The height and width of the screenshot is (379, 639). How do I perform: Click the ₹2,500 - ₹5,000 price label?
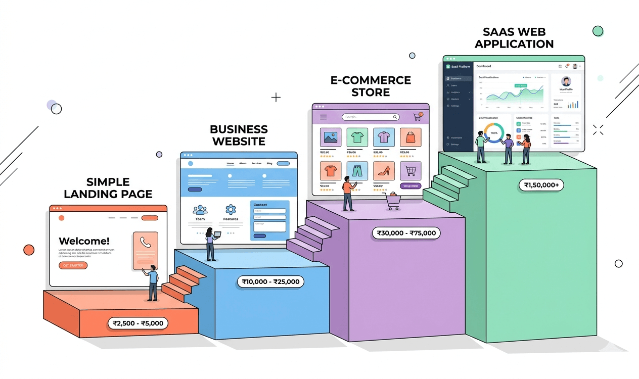(138, 323)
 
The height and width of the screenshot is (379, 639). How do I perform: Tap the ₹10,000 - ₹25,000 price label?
(270, 281)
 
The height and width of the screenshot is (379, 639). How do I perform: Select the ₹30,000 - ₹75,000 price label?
(406, 233)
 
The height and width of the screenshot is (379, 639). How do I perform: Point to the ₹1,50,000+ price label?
(541, 185)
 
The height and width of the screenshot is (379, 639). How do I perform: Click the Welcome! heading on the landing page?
(84, 241)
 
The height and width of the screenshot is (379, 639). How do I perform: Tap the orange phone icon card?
(146, 250)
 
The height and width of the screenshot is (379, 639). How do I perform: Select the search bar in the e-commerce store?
(370, 117)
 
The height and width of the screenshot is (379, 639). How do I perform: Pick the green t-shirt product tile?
(357, 137)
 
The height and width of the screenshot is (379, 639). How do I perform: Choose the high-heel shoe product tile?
(384, 171)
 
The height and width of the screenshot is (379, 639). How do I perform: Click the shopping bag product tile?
(410, 137)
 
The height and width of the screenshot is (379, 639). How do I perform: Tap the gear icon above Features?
(231, 209)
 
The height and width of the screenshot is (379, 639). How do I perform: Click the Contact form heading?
(260, 205)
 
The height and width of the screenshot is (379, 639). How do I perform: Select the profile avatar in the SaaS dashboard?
(566, 82)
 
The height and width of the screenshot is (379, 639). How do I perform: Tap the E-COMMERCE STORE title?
(371, 86)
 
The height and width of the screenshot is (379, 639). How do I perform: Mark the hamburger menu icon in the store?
(324, 117)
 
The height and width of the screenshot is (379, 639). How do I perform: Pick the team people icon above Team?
(200, 209)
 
